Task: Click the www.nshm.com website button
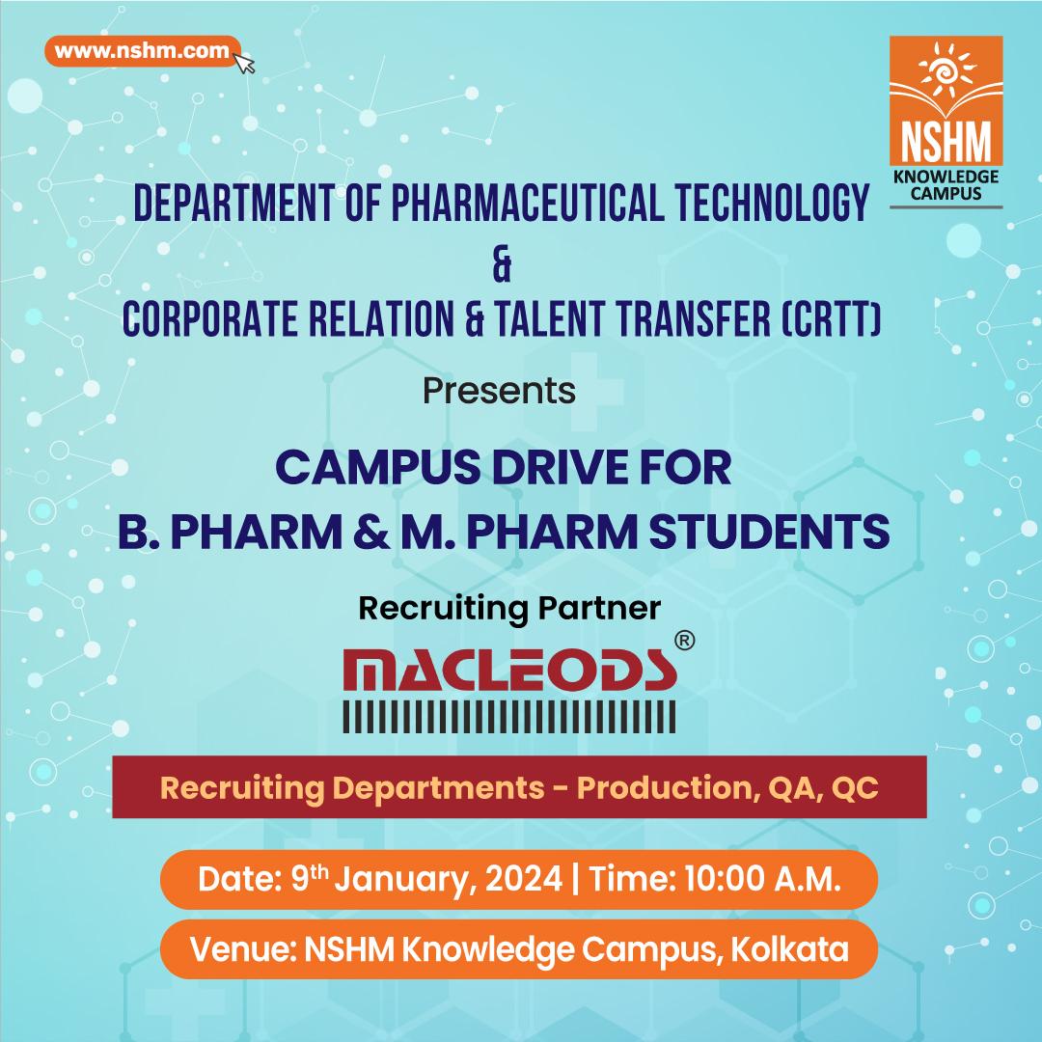(x=142, y=50)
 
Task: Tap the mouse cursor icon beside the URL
(x=244, y=62)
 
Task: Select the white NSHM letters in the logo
(x=946, y=141)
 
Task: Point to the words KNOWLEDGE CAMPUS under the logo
(x=946, y=184)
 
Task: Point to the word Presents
(x=499, y=390)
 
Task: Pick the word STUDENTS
(x=769, y=532)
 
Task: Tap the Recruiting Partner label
(x=509, y=608)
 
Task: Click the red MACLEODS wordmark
(x=509, y=670)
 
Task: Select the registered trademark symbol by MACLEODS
(x=684, y=640)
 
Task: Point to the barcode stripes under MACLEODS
(x=509, y=716)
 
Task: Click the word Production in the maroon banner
(x=669, y=787)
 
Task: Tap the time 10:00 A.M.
(x=763, y=879)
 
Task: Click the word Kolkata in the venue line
(x=790, y=949)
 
